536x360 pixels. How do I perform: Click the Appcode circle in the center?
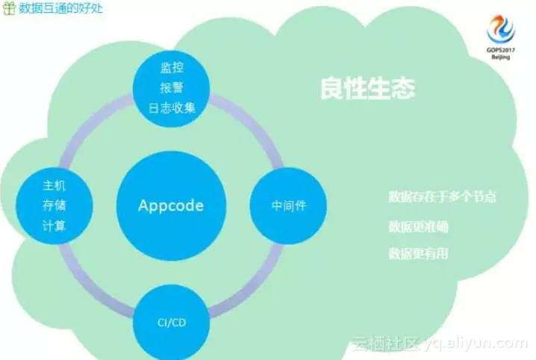171,205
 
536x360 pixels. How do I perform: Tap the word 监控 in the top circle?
171,68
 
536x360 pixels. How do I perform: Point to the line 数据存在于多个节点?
442,198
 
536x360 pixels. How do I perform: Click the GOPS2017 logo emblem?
501,30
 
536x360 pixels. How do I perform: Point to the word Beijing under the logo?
501,58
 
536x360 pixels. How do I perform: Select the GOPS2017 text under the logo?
501,52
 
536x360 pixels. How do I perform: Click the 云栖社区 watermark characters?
384,344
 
